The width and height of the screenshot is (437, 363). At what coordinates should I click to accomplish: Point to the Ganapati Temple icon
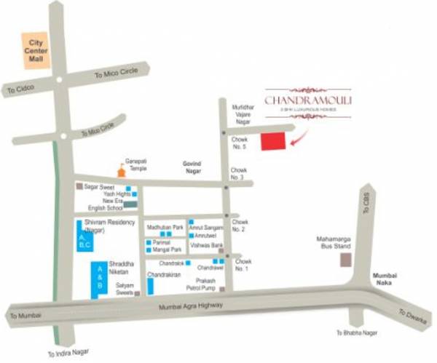pyautogui.click(x=121, y=172)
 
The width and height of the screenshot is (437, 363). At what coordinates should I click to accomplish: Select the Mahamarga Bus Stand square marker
pyautogui.click(x=346, y=258)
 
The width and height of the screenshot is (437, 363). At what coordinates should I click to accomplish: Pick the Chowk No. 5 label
pyautogui.click(x=240, y=143)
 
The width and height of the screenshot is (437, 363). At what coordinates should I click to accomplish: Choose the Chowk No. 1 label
pyautogui.click(x=243, y=264)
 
